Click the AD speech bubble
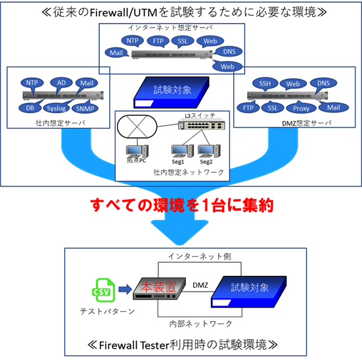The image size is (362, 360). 61,83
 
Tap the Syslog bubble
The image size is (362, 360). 56,108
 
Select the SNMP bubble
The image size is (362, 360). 85,108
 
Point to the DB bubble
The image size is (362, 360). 30,108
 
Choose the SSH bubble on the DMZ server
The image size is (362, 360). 265,83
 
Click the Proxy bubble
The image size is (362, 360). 301,108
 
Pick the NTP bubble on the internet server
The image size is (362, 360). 132,41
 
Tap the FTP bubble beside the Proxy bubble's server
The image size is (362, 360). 248,108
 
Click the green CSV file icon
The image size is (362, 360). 103,290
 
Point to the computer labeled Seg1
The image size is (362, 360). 183,151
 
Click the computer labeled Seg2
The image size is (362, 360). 209,151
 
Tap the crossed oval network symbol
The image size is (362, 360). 137,127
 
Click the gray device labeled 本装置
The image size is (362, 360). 159,288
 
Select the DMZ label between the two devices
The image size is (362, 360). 200,285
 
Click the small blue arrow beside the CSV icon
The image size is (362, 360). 125,289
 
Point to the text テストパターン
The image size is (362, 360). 107,311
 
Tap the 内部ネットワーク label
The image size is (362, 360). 200,324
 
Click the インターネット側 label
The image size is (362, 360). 200,256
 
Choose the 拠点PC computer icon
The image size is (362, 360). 137,152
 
